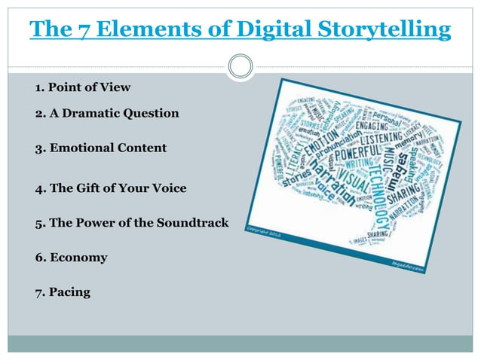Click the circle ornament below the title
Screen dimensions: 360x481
tap(240, 67)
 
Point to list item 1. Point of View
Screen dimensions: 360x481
tap(82, 89)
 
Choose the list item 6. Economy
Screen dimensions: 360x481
tap(71, 258)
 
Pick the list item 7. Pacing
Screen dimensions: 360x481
tap(63, 292)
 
